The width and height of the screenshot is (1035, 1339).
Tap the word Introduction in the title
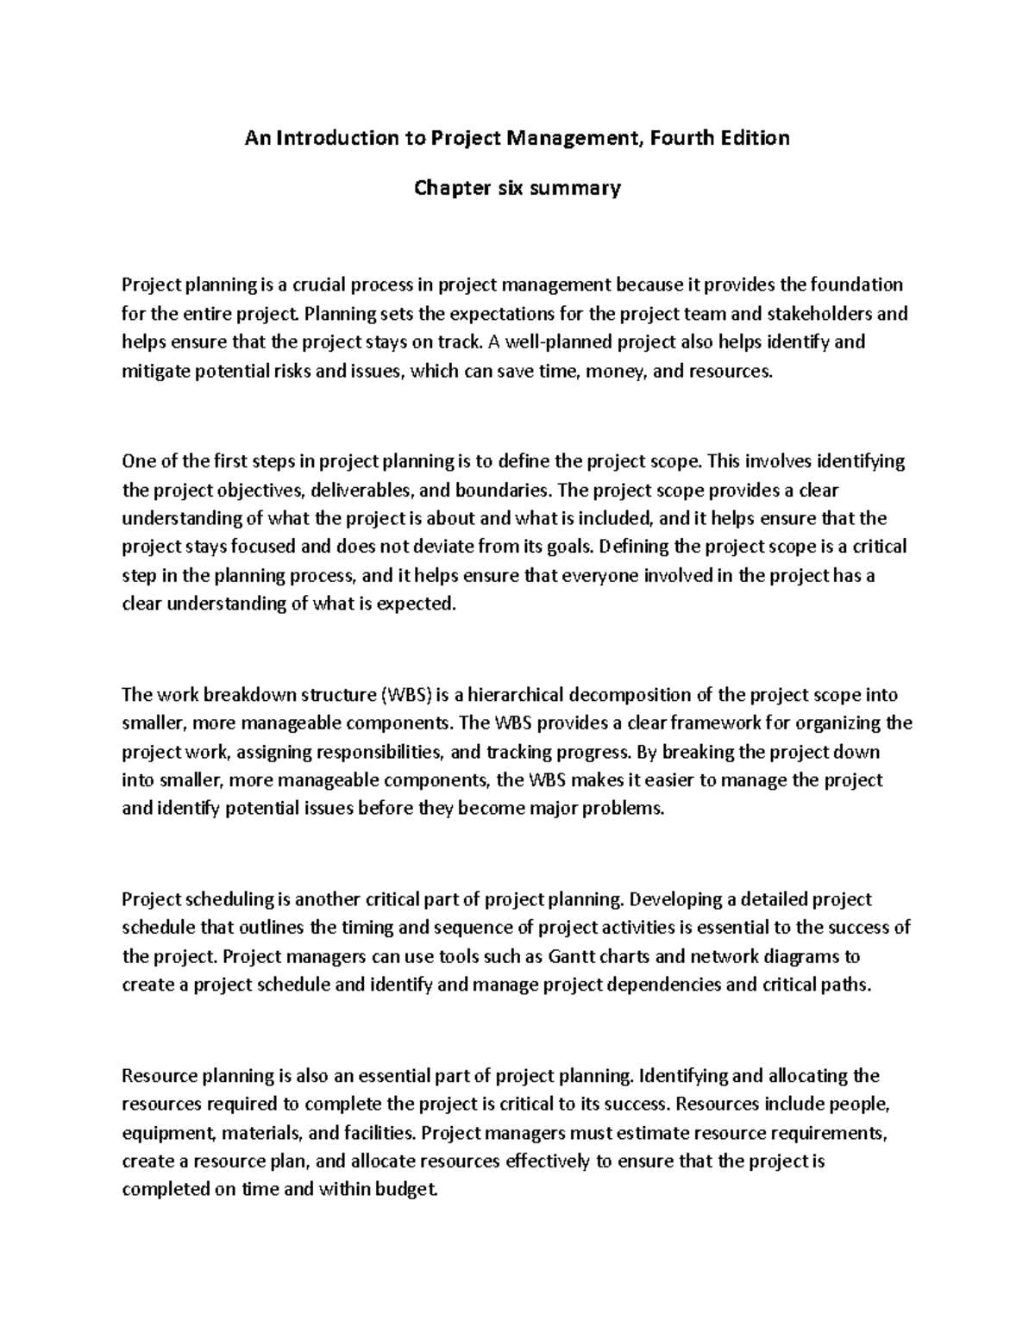tap(332, 138)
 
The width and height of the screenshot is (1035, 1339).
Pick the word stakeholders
tap(829, 313)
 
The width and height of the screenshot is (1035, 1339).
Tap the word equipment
tap(161, 1132)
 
